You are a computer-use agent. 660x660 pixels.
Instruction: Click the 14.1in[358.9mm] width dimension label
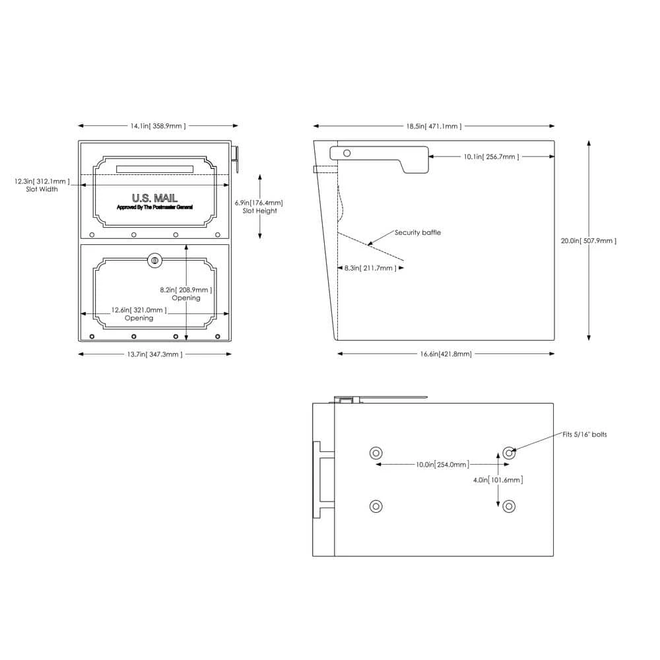tap(158, 125)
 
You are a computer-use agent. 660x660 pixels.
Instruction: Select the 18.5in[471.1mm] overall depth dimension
tap(434, 125)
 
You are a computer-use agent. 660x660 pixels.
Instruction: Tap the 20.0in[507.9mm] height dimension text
tap(589, 241)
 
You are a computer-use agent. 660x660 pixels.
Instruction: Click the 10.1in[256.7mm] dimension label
tap(491, 156)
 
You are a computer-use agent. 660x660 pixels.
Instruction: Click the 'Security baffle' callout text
tap(418, 232)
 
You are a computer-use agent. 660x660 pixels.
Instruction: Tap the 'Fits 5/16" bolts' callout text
tap(585, 434)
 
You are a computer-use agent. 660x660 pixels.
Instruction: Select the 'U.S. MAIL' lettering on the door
tap(154, 197)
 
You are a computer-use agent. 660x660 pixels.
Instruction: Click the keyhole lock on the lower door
tap(155, 260)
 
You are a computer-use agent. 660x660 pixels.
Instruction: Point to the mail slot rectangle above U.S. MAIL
tap(154, 169)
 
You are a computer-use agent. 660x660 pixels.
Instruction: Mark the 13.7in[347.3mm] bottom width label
tap(154, 354)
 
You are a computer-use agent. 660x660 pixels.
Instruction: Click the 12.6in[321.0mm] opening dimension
tap(139, 310)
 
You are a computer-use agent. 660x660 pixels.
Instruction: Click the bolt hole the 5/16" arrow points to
tap(509, 453)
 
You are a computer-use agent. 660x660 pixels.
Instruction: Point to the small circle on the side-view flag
tap(347, 153)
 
